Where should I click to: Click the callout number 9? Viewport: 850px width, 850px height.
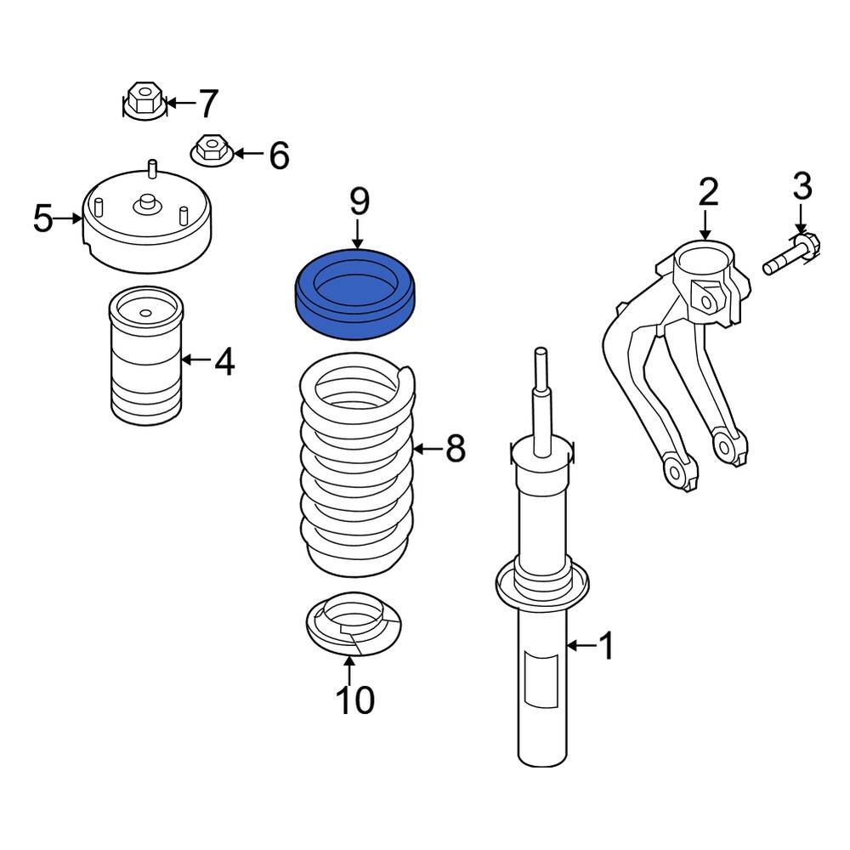coord(360,201)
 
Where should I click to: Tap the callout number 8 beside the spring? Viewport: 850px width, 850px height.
coord(456,448)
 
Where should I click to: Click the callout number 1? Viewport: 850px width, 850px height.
coord(606,647)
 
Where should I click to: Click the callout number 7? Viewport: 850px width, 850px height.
coord(208,104)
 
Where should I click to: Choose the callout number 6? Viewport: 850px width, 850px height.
coord(278,156)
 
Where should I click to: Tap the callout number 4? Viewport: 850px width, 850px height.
coord(224,361)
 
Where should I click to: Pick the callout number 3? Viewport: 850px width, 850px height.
coord(802,186)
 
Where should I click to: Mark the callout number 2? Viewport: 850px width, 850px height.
coord(708,193)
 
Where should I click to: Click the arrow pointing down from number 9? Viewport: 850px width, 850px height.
coord(359,233)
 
